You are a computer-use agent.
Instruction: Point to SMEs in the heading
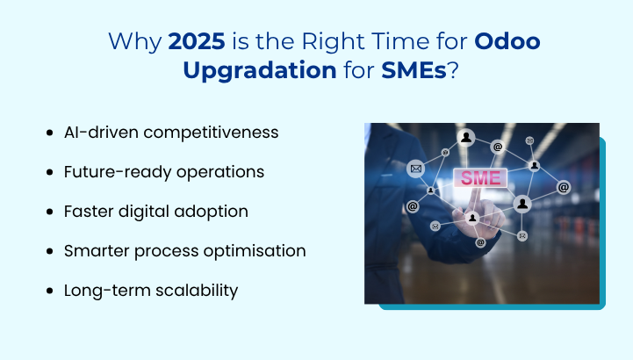coord(414,69)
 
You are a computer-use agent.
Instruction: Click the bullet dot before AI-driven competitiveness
coord(49,133)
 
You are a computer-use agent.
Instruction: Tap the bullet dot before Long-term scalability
coord(49,291)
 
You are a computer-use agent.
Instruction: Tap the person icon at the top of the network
coord(466,137)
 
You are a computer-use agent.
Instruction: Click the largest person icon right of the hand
coord(522,204)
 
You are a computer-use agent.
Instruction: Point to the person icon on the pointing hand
coord(472,217)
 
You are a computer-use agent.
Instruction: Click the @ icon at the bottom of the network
coord(480,241)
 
